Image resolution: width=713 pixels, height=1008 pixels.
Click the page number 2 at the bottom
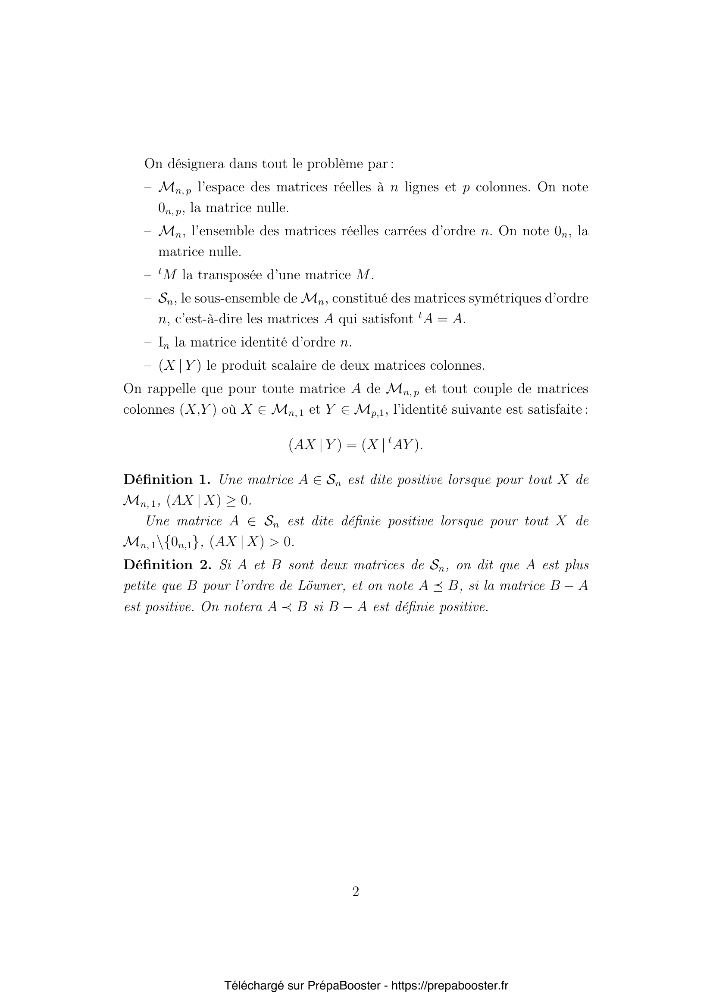[x=356, y=892]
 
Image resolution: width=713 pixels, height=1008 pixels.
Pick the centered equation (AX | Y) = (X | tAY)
[x=356, y=445]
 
